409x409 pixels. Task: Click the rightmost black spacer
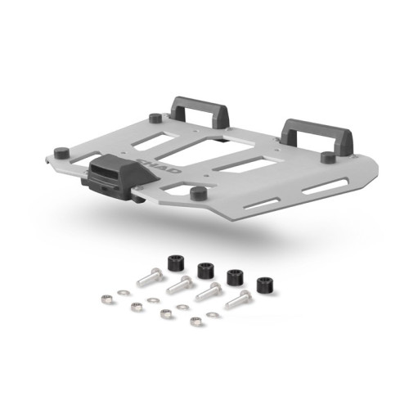[263, 285]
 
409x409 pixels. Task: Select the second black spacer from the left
[204, 269]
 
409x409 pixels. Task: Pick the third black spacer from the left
[233, 276]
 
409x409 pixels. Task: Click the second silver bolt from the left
[179, 285]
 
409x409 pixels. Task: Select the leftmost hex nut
[106, 300]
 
